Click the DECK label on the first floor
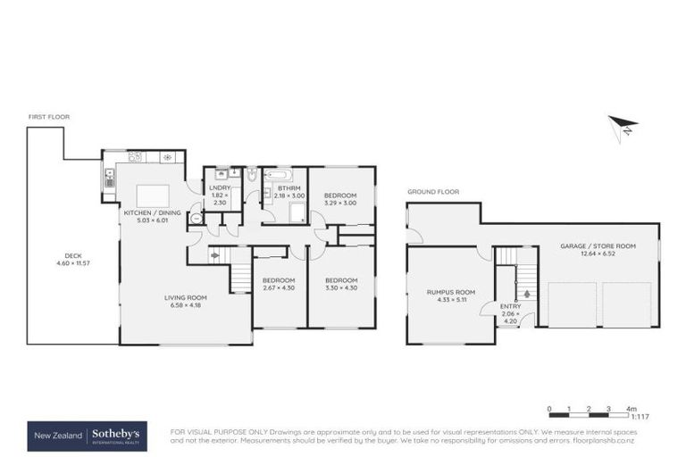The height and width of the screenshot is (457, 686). click(x=60, y=255)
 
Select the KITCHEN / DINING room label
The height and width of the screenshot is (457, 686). click(x=152, y=213)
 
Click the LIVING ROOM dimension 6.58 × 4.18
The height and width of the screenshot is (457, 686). click(x=185, y=305)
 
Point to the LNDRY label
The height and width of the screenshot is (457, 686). click(x=220, y=187)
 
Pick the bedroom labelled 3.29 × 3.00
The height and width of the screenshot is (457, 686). click(x=339, y=199)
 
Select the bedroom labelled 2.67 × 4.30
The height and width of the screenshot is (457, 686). click(x=278, y=284)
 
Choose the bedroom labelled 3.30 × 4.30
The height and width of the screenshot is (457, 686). click(x=339, y=284)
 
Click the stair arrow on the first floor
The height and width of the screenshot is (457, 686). click(x=215, y=256)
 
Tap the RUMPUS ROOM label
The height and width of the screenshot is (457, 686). click(x=451, y=293)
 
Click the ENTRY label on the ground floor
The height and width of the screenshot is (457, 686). click(x=511, y=306)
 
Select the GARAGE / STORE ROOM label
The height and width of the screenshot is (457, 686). click(x=598, y=245)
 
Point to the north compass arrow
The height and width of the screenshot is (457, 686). click(x=624, y=126)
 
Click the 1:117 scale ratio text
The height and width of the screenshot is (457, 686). click(x=639, y=417)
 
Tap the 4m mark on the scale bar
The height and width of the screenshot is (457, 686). click(x=631, y=408)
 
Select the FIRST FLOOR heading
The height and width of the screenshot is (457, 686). click(x=48, y=117)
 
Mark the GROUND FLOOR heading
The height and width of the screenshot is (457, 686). click(x=432, y=192)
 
